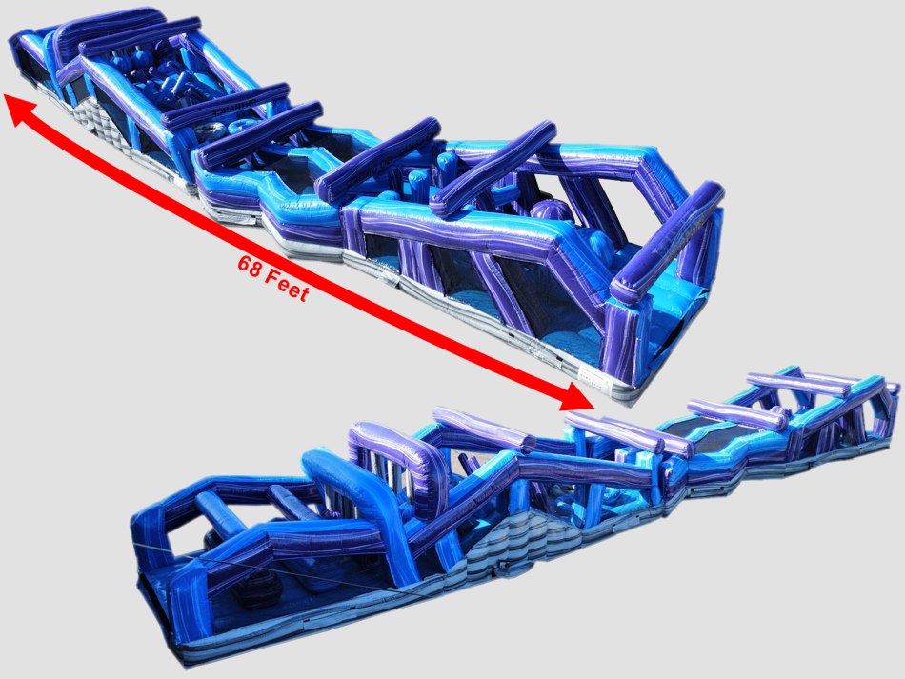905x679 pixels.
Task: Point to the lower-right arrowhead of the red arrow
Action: click(x=577, y=396)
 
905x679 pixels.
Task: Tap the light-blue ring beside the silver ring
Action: click(x=238, y=127)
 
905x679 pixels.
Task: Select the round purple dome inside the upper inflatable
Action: click(x=550, y=214)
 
